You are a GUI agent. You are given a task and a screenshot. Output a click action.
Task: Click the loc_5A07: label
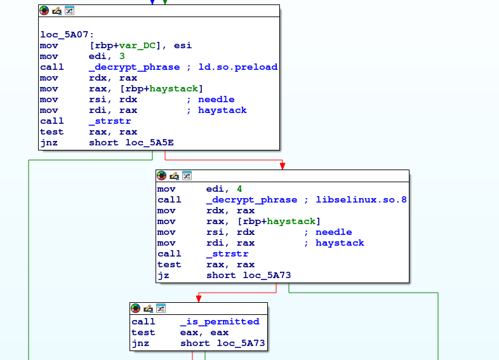[x=67, y=34]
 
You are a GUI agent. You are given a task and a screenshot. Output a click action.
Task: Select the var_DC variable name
[x=137, y=45]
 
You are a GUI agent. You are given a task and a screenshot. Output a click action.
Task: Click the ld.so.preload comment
[x=237, y=67]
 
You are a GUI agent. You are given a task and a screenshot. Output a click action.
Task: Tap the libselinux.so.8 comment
[x=361, y=199]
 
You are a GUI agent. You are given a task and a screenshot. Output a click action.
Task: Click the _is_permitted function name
[x=220, y=321]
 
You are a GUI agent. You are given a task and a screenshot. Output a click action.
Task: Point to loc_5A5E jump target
[x=150, y=143]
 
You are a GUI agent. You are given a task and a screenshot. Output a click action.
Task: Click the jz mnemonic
[x=163, y=276]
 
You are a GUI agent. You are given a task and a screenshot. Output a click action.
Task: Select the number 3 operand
[x=122, y=56]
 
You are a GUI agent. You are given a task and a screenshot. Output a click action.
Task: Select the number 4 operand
[x=239, y=189]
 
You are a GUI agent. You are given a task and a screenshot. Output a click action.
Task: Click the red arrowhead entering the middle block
[x=283, y=166]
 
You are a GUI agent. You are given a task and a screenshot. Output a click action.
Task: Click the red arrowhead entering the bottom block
[x=199, y=298]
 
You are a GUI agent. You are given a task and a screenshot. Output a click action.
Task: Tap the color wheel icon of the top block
[x=44, y=11]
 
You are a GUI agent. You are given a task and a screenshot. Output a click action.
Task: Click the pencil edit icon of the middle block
[x=174, y=176]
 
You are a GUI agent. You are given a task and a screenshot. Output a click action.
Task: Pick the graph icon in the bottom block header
[x=161, y=308]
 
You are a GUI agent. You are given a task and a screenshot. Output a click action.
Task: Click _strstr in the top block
[x=110, y=121]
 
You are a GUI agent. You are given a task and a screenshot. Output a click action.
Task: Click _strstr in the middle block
[x=227, y=254]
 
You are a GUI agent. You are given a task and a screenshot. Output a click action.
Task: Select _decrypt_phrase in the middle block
[x=252, y=199]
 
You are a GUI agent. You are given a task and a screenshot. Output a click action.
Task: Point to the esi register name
[x=183, y=45]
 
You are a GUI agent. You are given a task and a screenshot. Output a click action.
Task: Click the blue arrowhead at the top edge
[x=152, y=3]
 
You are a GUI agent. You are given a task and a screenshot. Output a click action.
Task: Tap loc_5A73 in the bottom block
[x=241, y=343]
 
